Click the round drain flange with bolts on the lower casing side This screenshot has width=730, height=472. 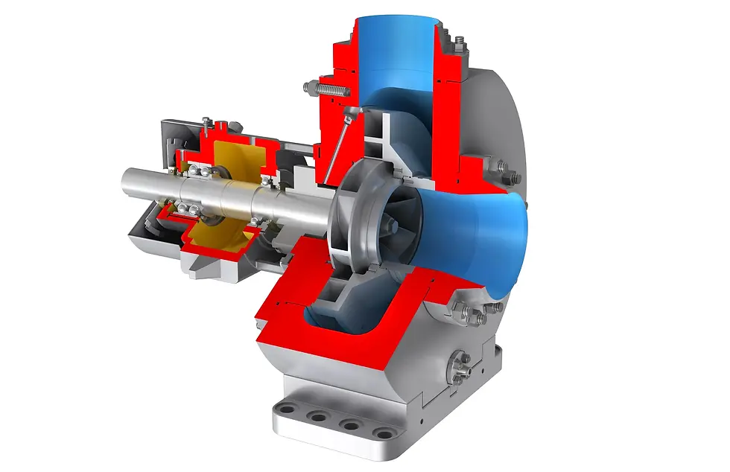(x=462, y=365)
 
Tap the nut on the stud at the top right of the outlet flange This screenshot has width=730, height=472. (x=461, y=42)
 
